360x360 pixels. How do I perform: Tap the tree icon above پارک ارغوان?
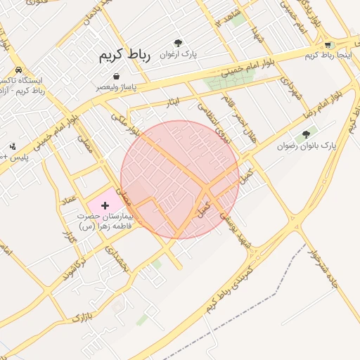178,43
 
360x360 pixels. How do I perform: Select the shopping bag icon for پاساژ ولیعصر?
115,77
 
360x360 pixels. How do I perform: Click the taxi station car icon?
18,70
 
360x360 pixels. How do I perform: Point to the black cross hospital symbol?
105,205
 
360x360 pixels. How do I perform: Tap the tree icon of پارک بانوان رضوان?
306,134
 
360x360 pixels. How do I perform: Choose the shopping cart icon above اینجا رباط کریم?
328,45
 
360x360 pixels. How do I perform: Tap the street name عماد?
68,203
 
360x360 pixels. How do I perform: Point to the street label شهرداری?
290,87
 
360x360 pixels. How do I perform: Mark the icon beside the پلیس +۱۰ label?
13,146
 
